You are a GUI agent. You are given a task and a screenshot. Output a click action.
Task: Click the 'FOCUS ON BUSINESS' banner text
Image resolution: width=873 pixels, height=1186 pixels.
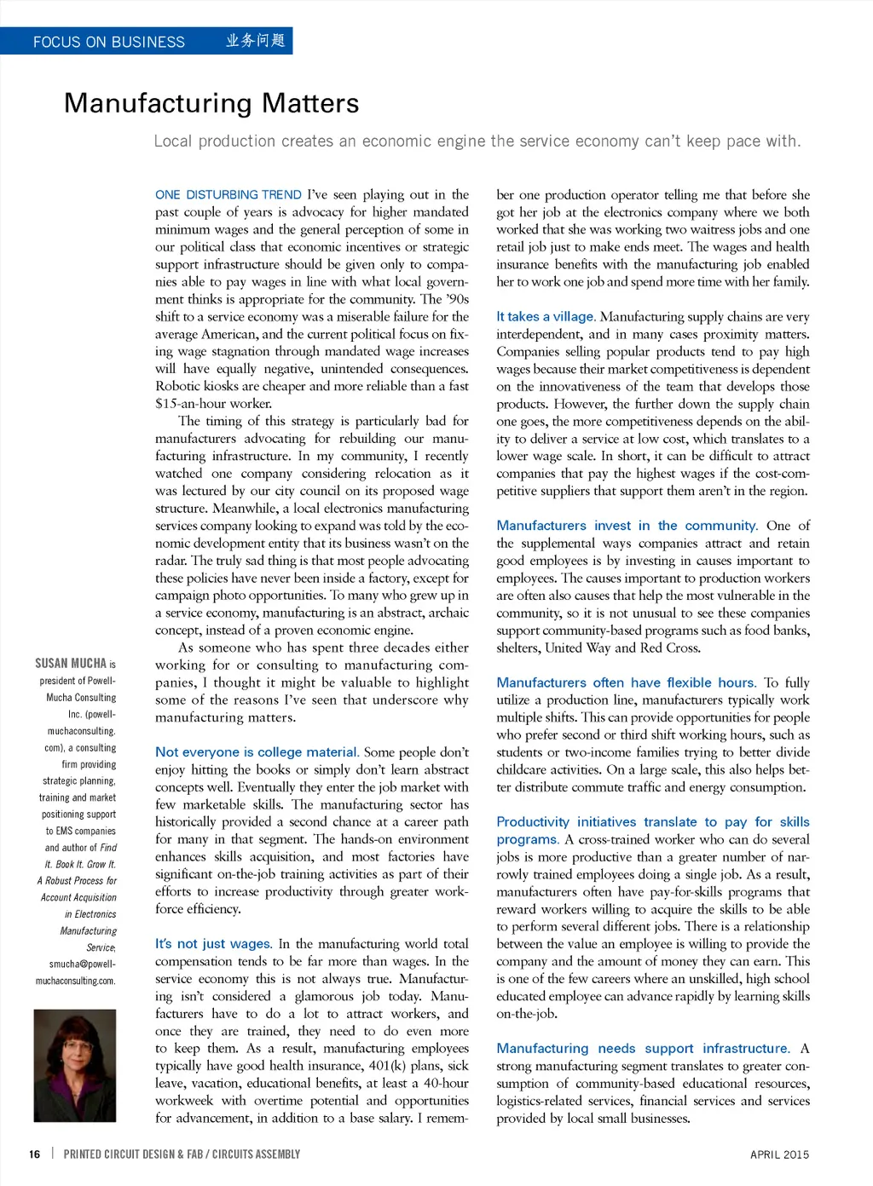point(108,42)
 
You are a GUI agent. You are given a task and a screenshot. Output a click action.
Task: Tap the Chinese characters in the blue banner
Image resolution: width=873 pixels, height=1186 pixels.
point(255,41)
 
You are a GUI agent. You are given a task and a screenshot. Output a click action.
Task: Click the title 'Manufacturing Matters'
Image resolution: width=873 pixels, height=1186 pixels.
point(211,103)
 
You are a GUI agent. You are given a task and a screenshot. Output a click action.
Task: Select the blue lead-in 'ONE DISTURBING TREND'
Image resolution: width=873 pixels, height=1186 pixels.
point(228,195)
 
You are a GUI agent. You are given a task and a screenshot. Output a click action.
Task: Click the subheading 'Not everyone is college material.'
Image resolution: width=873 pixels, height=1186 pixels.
point(257,752)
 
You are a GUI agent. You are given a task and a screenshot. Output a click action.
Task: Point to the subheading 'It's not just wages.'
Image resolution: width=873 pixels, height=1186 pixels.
point(213,944)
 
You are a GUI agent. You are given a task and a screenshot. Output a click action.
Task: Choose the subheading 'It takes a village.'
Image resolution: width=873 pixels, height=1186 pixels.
point(546,317)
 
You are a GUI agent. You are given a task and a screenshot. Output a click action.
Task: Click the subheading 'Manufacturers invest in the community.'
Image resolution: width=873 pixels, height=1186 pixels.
point(627,526)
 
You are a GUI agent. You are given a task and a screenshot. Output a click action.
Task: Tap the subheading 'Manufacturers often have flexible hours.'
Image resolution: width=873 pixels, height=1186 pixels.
point(626,682)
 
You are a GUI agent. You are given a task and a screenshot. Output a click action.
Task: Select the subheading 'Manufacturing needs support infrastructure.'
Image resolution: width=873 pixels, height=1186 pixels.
point(643,1048)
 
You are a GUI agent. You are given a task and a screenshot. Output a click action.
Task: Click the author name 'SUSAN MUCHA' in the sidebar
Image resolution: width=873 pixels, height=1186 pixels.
point(71,664)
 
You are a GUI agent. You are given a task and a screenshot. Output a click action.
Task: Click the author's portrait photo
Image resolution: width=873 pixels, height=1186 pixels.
point(74,1065)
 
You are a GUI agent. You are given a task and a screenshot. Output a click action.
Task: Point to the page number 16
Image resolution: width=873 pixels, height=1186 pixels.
point(34,1154)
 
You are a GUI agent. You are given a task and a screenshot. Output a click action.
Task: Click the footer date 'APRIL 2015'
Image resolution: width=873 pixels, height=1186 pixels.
point(779,1154)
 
